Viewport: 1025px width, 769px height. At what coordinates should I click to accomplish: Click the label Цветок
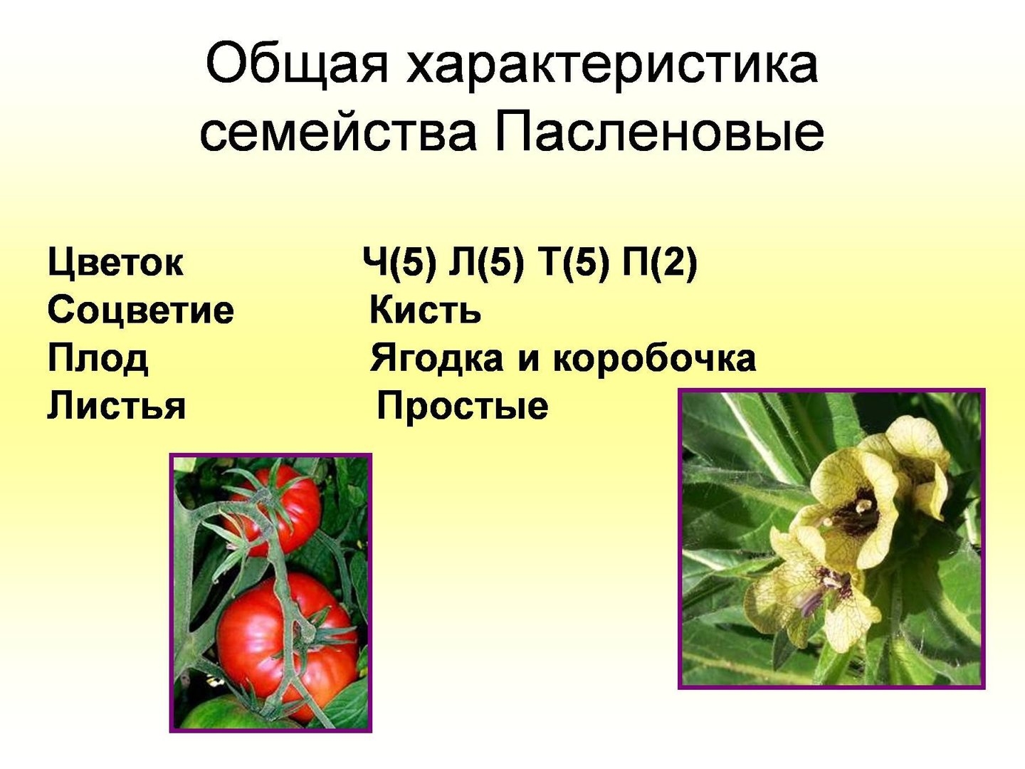(115, 263)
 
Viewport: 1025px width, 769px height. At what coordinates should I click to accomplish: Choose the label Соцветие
(140, 310)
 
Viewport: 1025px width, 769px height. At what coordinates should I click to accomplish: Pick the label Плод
(98, 359)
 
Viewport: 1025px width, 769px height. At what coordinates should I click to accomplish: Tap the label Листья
(116, 405)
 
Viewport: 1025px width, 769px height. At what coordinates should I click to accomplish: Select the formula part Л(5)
(484, 263)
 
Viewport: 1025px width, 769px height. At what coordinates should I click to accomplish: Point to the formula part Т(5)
(574, 263)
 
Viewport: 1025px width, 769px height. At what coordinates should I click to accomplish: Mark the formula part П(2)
(660, 263)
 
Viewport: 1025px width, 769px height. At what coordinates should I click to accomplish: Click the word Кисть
(426, 310)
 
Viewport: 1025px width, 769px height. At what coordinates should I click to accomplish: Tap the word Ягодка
(436, 359)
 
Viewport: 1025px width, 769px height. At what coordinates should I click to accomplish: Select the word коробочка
(654, 359)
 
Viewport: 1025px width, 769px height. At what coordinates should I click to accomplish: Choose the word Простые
(462, 405)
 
